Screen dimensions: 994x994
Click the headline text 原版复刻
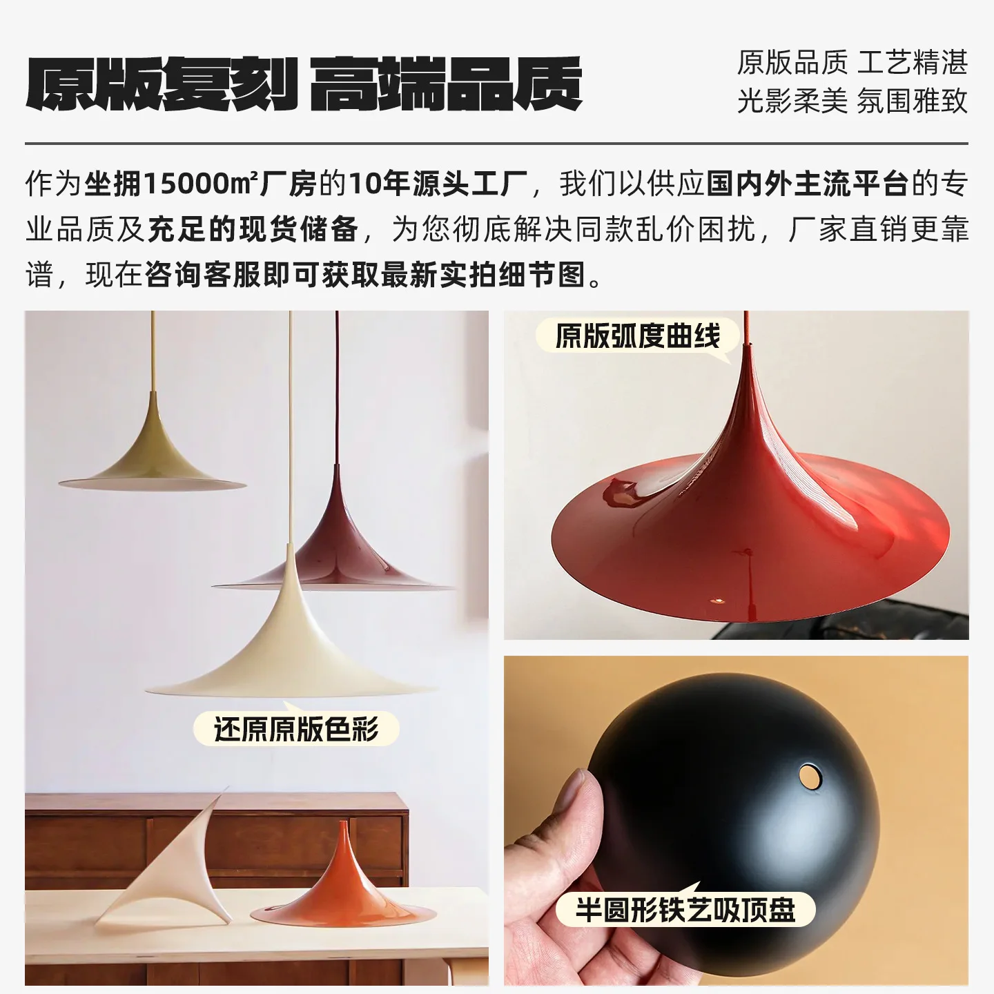(x=162, y=84)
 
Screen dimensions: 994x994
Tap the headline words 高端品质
(x=445, y=84)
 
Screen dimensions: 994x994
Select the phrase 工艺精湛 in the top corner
(x=912, y=63)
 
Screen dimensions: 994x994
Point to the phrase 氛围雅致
(x=912, y=101)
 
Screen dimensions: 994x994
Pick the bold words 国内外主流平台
(x=807, y=184)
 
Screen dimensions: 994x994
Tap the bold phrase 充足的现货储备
(x=253, y=229)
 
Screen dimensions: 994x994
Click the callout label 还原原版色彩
(x=296, y=729)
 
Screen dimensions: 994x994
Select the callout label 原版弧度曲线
(x=638, y=336)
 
